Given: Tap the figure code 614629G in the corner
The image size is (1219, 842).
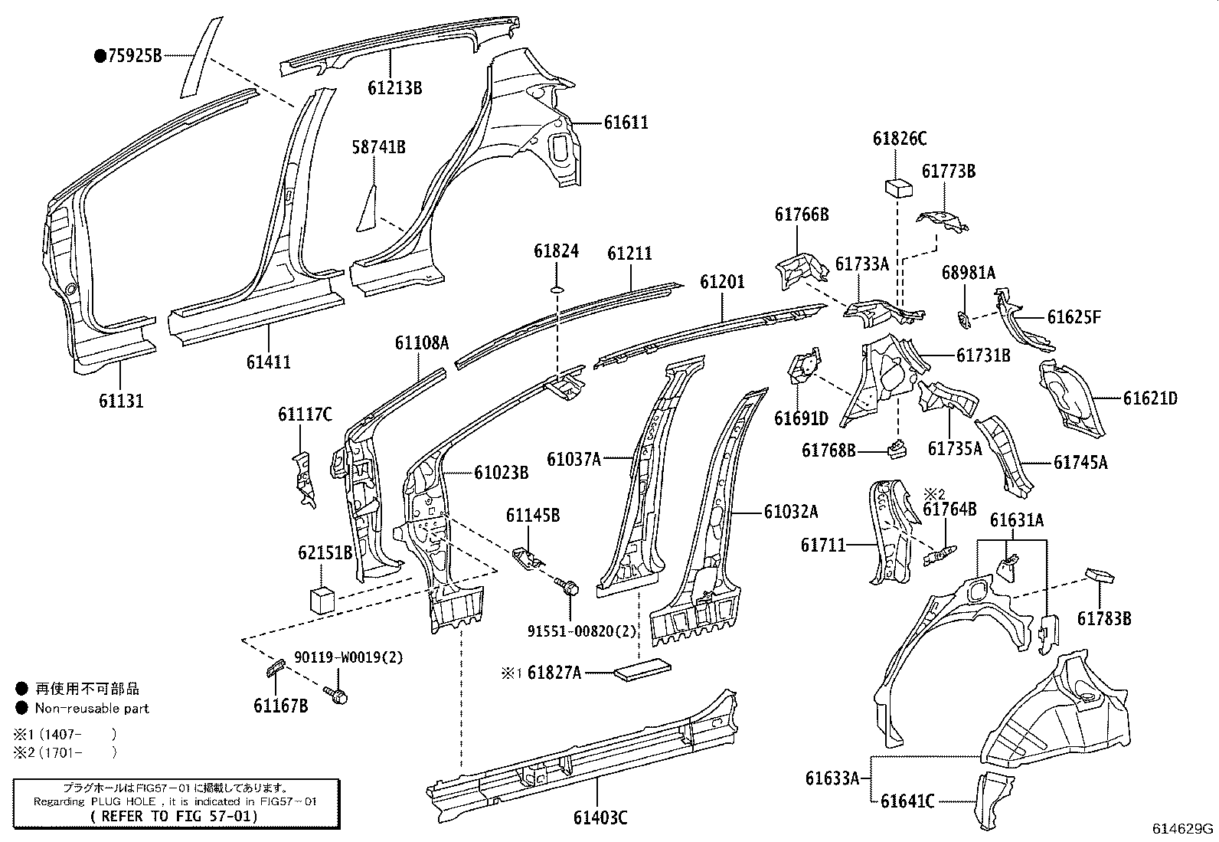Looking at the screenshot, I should (x=1184, y=828).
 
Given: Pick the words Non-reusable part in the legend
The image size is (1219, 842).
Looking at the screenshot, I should (x=92, y=709).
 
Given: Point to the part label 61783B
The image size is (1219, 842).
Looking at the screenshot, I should (x=1103, y=618).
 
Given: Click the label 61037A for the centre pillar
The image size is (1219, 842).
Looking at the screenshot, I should (x=573, y=459).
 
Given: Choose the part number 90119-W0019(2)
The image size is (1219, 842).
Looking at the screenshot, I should (x=348, y=657).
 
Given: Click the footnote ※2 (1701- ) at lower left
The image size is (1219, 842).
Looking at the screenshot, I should (x=66, y=752).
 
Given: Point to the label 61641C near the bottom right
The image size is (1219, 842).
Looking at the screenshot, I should (x=907, y=801).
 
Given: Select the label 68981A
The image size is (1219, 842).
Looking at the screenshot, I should (x=968, y=272).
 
